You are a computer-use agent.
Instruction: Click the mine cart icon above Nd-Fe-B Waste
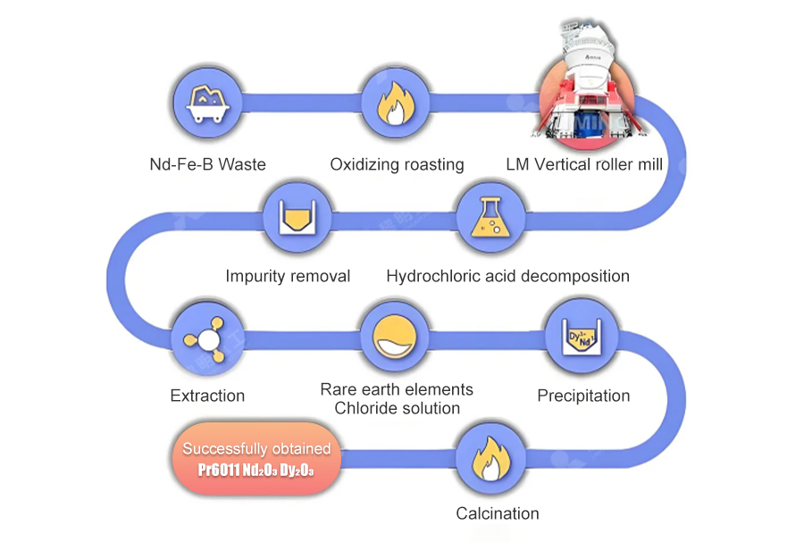tap(207, 104)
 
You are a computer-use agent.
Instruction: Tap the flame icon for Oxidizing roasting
tap(394, 104)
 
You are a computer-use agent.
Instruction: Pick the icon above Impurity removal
tap(297, 216)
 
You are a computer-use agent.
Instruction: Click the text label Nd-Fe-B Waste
tap(207, 164)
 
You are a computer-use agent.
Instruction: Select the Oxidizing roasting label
tap(397, 164)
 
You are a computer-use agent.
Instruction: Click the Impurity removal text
tap(288, 276)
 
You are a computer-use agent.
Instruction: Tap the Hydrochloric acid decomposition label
tap(507, 276)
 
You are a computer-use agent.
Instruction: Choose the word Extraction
tap(207, 395)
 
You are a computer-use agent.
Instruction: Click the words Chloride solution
tap(397, 408)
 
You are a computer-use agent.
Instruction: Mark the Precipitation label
tap(583, 395)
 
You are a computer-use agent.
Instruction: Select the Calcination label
tap(498, 513)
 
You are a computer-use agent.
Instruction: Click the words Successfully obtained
tap(256, 448)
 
